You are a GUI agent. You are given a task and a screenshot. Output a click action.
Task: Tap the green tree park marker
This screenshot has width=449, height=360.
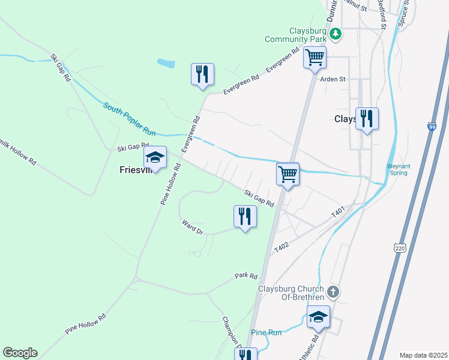(x=336, y=34)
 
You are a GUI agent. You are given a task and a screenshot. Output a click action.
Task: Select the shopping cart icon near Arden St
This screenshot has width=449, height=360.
(x=315, y=58)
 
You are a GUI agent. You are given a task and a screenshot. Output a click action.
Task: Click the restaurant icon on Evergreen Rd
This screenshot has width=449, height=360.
(x=202, y=74)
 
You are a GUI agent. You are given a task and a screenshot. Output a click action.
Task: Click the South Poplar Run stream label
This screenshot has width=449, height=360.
(x=129, y=117)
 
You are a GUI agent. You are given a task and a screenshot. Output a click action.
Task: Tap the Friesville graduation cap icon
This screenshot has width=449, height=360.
(x=155, y=158)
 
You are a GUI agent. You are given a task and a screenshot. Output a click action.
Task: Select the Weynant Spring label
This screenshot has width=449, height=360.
(x=397, y=170)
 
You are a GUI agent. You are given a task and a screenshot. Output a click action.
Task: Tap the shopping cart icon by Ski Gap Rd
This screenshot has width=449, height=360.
(x=288, y=175)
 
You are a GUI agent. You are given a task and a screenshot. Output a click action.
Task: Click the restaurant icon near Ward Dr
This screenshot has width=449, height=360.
(x=244, y=217)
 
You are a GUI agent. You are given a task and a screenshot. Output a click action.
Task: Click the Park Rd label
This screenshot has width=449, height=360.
(x=246, y=276)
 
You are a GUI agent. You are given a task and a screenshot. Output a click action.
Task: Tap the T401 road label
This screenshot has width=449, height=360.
(x=338, y=212)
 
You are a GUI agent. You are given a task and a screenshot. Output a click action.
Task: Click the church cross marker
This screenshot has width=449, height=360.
(x=334, y=292)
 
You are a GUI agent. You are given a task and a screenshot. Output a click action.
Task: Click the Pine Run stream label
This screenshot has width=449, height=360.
(x=267, y=332)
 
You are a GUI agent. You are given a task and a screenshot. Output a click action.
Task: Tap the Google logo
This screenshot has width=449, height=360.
(x=20, y=353)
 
